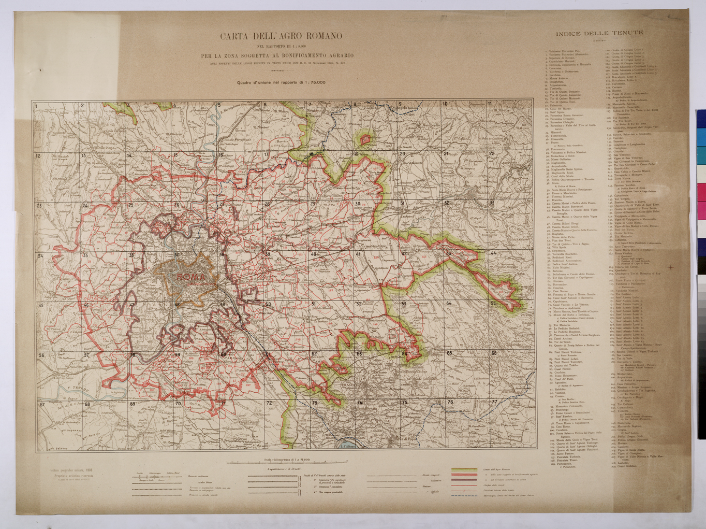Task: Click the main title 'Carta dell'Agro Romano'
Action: (x=281, y=36)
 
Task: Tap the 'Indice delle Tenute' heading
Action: (x=599, y=33)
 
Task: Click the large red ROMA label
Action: (x=190, y=277)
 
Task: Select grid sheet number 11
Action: (x=490, y=104)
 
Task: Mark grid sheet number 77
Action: (x=494, y=402)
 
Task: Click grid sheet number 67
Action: (x=42, y=404)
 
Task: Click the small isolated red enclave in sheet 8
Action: (x=366, y=138)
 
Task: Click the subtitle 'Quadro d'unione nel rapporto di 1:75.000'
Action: (x=281, y=82)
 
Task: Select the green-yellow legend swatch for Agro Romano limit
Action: (x=464, y=470)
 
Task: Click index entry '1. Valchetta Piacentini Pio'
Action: (x=564, y=52)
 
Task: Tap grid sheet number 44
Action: (x=493, y=253)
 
